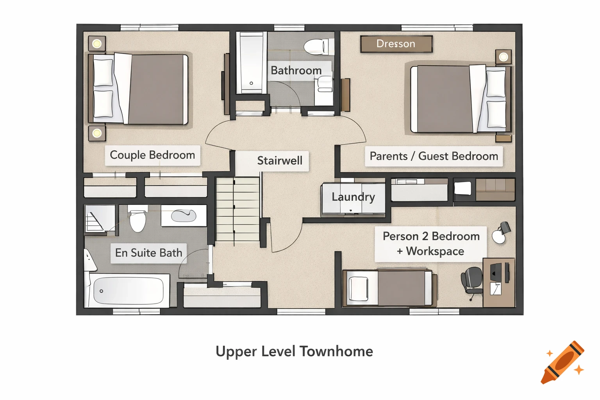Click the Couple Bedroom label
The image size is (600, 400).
[x=152, y=155]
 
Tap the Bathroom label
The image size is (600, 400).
[x=296, y=71]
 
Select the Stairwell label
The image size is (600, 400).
[x=280, y=161]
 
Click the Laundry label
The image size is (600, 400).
[x=353, y=197]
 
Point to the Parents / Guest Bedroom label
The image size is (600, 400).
[x=434, y=156]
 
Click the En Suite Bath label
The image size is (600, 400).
[x=148, y=253]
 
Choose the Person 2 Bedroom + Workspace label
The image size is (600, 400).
[x=431, y=244]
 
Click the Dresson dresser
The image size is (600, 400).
[x=396, y=44]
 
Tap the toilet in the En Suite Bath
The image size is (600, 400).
[x=137, y=220]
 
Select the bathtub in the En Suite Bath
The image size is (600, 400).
[x=128, y=291]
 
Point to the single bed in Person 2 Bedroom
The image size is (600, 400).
[x=389, y=287]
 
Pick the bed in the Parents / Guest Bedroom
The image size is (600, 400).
[x=461, y=99]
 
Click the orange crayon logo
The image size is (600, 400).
[x=562, y=362]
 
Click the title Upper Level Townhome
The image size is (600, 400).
[x=294, y=351]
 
